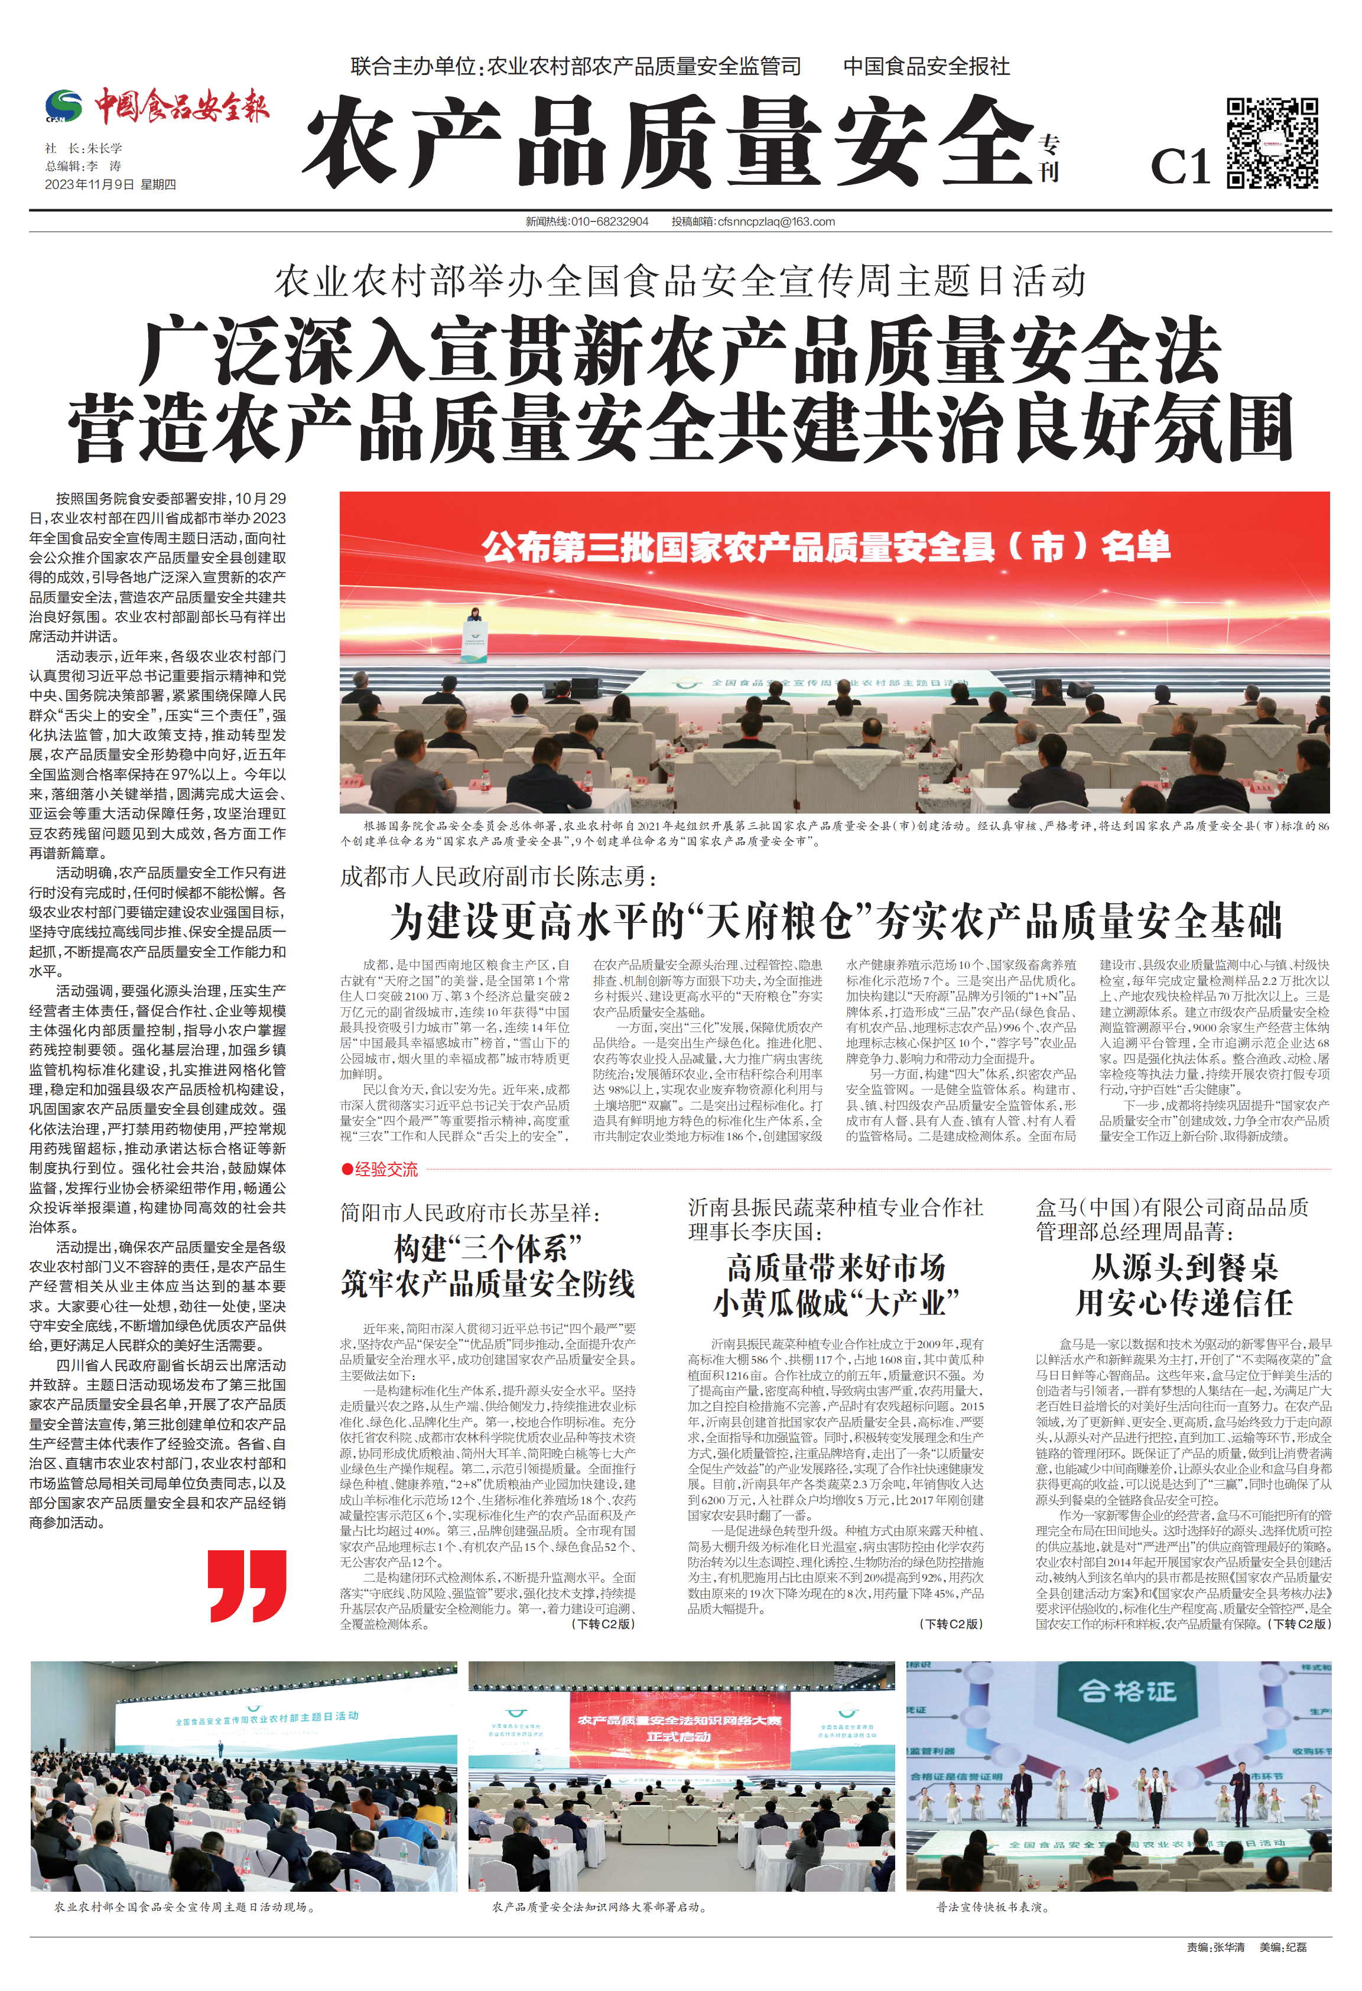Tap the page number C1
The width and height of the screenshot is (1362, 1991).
pyautogui.click(x=1179, y=166)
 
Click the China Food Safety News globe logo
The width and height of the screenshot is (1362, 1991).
pyautogui.click(x=63, y=106)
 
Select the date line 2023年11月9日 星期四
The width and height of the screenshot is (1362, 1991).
pyautogui.click(x=110, y=184)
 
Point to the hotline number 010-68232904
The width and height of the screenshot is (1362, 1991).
pyautogui.click(x=609, y=222)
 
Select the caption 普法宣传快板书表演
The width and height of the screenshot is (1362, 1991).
pyautogui.click(x=992, y=1907)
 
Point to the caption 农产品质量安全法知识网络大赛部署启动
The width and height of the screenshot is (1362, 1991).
pyautogui.click(x=600, y=1907)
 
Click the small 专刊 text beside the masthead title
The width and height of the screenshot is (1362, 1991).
pyautogui.click(x=1049, y=158)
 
